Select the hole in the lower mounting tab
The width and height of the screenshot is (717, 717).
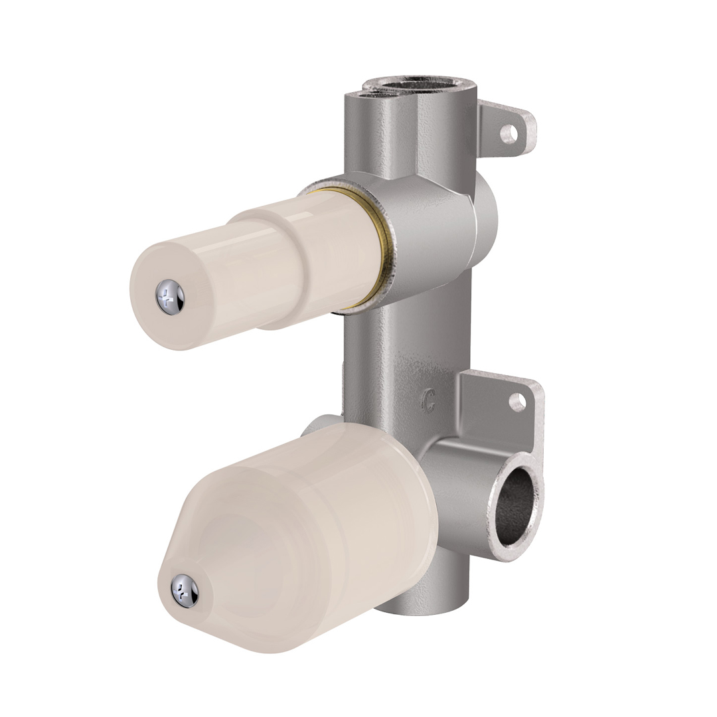pos(517,401)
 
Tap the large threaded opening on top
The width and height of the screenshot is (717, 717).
pos(402,85)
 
